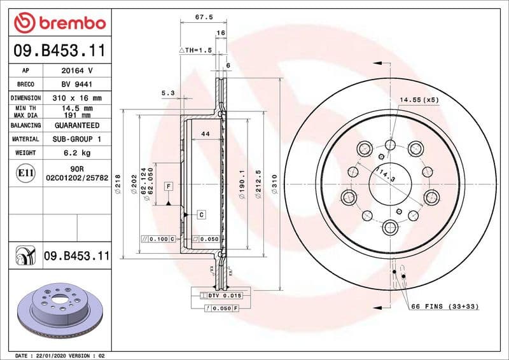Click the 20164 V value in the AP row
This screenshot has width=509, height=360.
click(x=77, y=71)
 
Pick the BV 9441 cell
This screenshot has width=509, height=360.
click(x=77, y=84)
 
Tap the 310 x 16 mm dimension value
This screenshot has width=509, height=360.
click(x=77, y=98)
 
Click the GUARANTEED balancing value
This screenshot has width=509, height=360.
click(x=77, y=125)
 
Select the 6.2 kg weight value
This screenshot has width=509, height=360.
click(x=77, y=153)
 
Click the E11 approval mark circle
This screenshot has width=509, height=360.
click(x=26, y=172)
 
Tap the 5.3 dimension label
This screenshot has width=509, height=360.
click(x=168, y=93)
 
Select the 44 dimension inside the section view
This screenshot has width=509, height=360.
click(x=205, y=134)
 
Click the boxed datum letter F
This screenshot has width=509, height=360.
click(x=169, y=186)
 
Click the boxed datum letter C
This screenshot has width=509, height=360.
click(x=201, y=214)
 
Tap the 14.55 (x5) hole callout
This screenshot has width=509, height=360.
click(x=419, y=100)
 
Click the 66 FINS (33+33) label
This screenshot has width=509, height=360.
click(x=445, y=307)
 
